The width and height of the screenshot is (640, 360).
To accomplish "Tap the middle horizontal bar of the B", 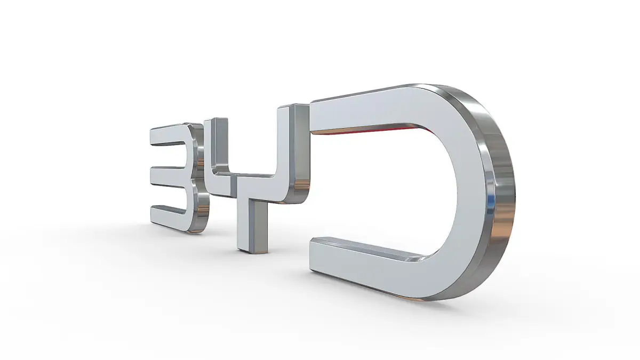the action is [x=170, y=177].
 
